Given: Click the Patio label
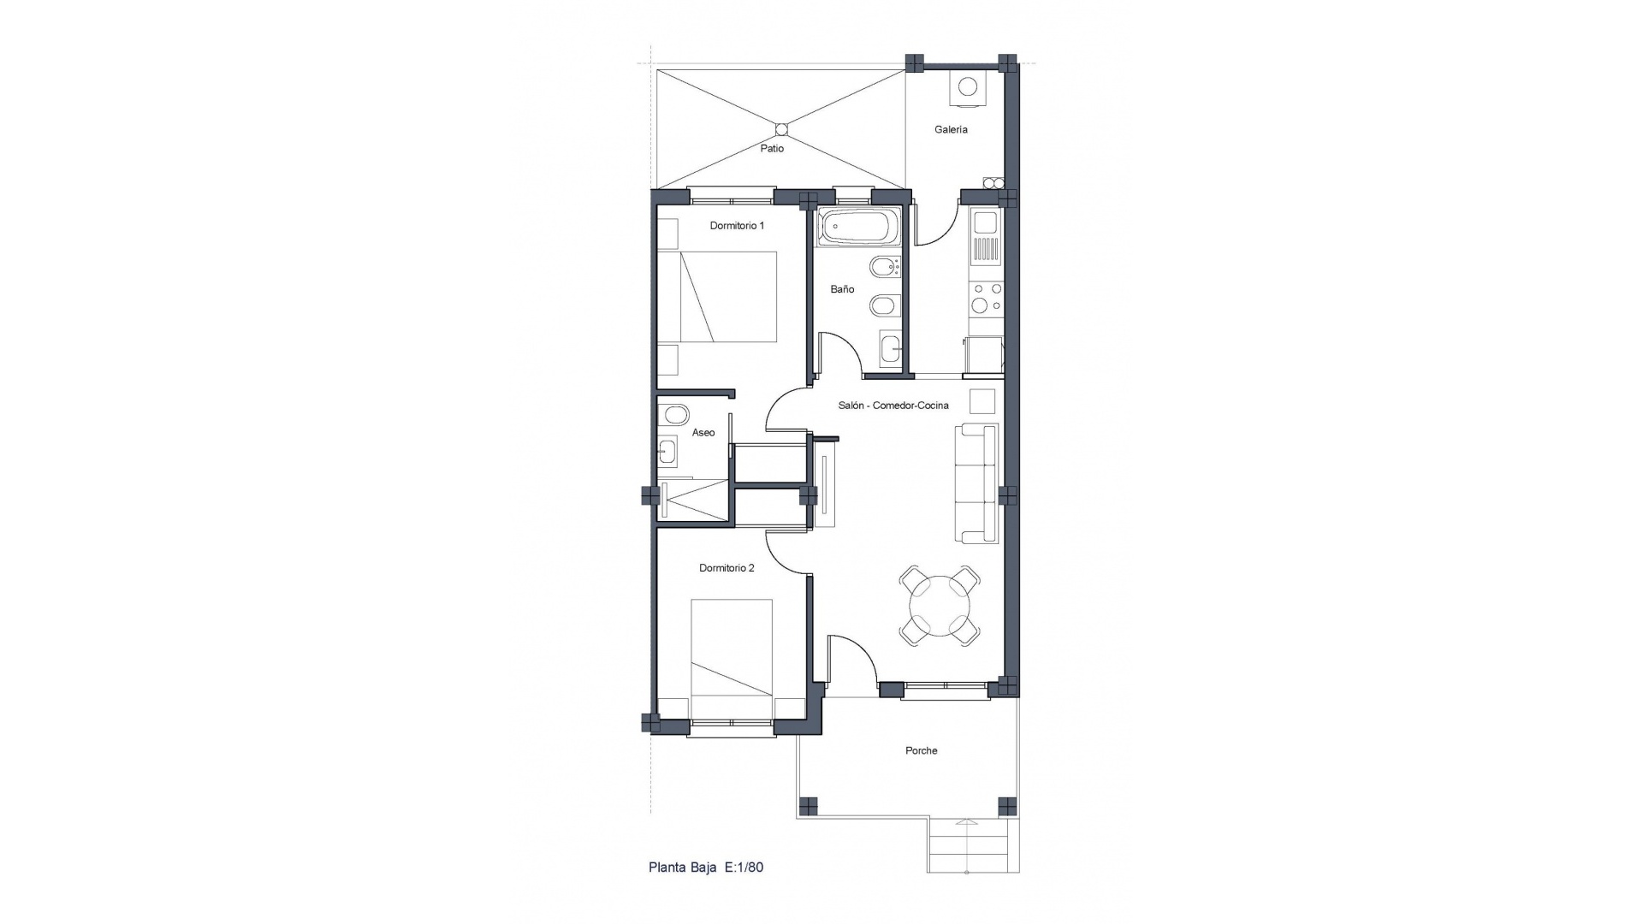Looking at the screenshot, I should click(772, 149).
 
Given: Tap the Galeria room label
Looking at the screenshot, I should click(951, 130).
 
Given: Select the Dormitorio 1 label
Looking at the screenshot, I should click(737, 226).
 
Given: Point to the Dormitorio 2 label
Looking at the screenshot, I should click(727, 568).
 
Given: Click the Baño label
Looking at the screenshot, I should click(842, 289).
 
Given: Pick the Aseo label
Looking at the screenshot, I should click(703, 433).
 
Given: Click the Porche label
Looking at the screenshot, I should click(922, 751).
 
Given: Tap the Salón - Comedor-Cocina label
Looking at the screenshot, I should click(893, 406).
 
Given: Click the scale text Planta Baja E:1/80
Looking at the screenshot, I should click(706, 868).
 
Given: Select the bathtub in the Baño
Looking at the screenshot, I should click(857, 228).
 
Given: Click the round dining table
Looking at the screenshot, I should click(940, 606).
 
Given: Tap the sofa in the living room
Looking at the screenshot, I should click(977, 483).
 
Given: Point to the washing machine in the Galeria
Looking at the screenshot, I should click(967, 87).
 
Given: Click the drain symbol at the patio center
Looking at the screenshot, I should click(780, 129).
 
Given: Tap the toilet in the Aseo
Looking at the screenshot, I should click(674, 416).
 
